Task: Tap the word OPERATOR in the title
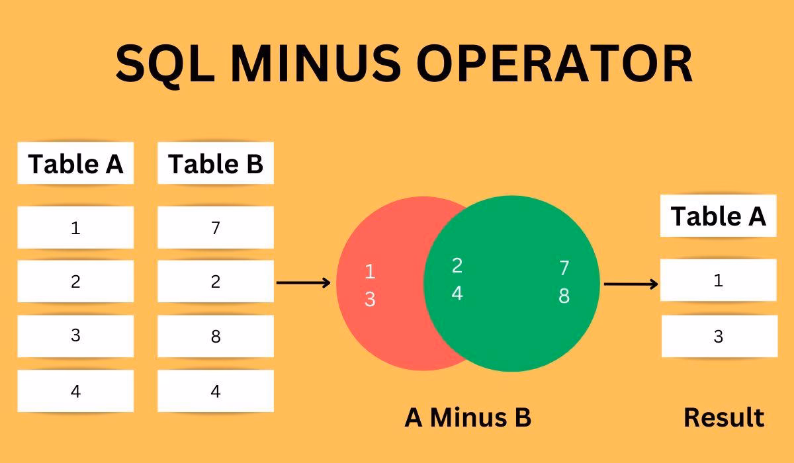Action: [555, 64]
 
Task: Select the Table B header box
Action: [216, 163]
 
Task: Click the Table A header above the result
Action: [718, 216]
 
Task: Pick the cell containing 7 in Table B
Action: [216, 228]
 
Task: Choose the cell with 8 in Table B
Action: [216, 337]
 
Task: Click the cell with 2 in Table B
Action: [216, 282]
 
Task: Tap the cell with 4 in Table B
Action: [216, 392]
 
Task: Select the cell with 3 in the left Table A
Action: [75, 336]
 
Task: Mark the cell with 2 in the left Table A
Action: [75, 282]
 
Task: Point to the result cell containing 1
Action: [719, 280]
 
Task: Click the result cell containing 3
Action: [719, 337]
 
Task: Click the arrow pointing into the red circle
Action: [303, 283]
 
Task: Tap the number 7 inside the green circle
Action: [564, 268]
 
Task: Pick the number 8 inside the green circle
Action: [564, 296]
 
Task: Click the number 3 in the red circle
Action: [370, 300]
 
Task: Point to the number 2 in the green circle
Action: [457, 265]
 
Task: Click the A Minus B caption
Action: [468, 417]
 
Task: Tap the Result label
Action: [723, 417]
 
